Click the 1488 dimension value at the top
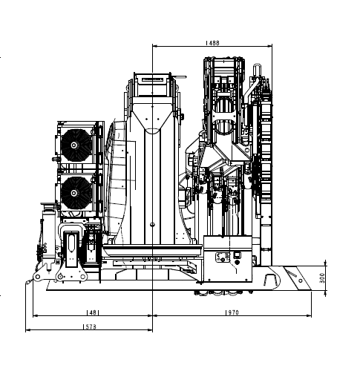click(213, 43)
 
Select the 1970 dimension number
click(232, 312)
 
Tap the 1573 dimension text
click(90, 326)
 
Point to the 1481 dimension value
click(93, 312)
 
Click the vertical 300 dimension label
click(322, 278)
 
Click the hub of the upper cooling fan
click(73, 145)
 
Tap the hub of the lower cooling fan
click(73, 193)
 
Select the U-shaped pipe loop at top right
click(257, 69)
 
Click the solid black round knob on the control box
click(237, 262)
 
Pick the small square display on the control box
click(237, 255)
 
